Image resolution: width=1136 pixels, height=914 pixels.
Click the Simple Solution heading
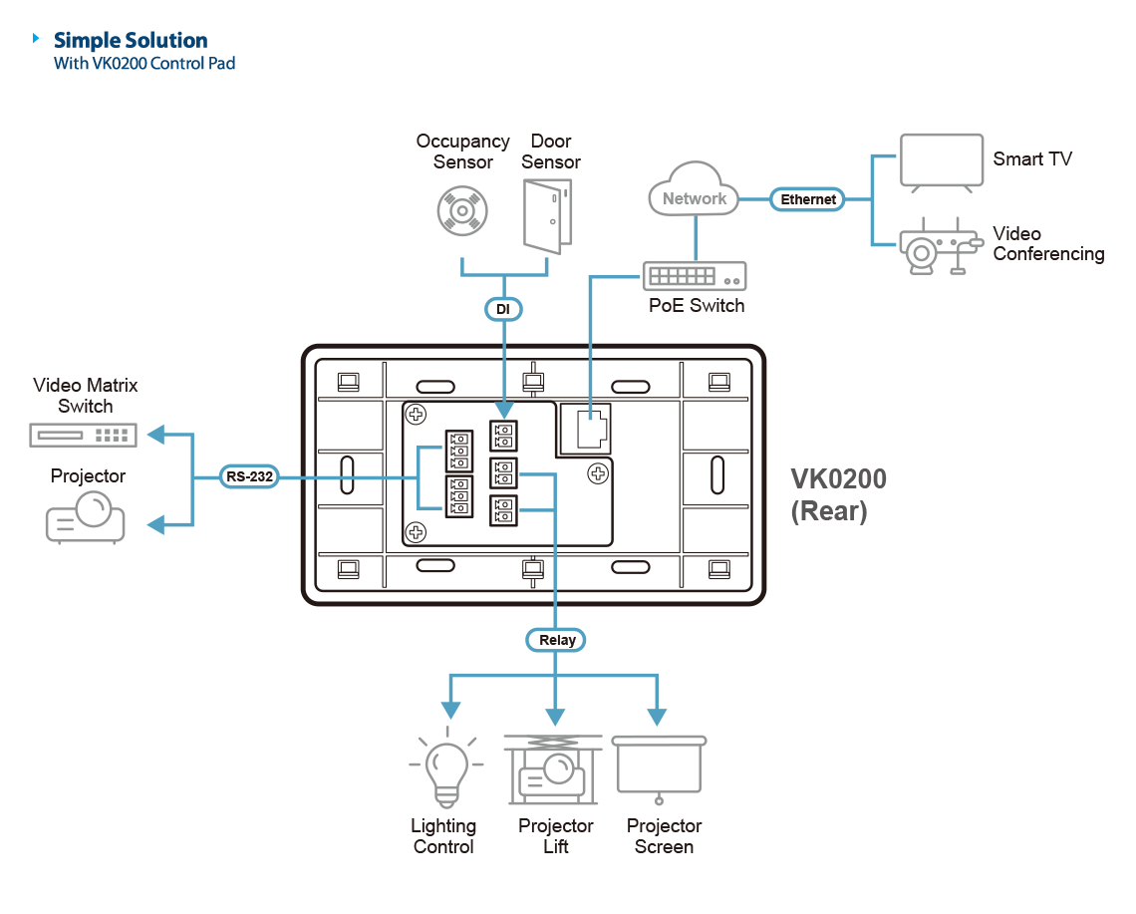click(131, 41)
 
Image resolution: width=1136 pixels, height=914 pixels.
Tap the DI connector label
click(503, 310)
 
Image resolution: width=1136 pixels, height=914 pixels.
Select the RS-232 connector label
click(249, 477)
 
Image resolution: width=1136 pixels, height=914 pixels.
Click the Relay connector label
click(556, 640)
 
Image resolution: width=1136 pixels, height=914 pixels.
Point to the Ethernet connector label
click(807, 199)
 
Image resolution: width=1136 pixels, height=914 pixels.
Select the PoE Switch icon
click(695, 276)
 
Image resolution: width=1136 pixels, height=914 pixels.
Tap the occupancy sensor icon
click(462, 211)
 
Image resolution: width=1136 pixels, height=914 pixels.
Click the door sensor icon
click(548, 213)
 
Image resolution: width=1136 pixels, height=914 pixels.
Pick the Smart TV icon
click(941, 161)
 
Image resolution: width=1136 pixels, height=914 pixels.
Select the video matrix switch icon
click(84, 435)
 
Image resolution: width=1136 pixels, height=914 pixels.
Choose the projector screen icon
click(659, 768)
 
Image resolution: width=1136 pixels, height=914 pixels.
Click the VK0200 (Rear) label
click(838, 494)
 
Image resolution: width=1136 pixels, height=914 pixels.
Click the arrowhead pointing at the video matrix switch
click(154, 435)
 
